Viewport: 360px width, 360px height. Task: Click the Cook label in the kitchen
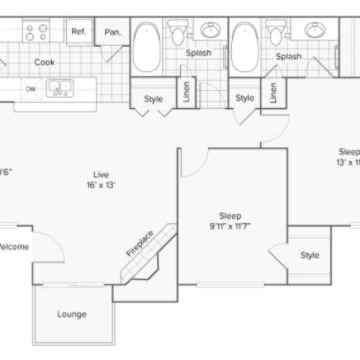45,63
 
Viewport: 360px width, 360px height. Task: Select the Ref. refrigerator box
78,32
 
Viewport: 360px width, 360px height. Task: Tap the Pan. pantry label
112,32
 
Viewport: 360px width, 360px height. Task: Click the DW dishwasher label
31,89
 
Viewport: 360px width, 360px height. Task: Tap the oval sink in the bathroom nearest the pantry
210,31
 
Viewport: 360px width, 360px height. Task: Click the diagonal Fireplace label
140,243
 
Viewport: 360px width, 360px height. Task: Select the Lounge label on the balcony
72,315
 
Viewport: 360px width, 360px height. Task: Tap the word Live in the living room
100,174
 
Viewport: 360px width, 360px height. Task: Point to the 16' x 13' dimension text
100,184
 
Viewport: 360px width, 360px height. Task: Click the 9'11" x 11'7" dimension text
230,226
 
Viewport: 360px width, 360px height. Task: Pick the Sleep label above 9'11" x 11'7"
230,215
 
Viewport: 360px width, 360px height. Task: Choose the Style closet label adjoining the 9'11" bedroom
310,255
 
